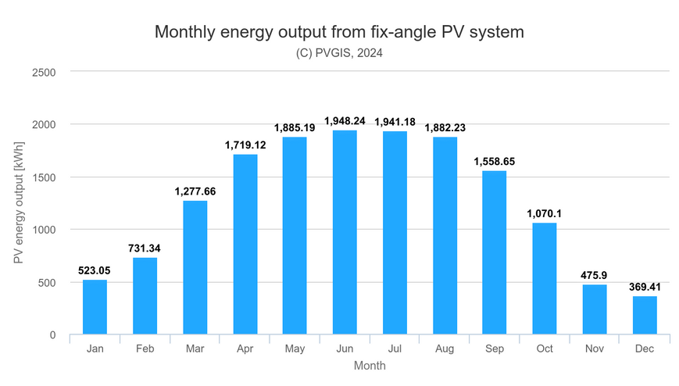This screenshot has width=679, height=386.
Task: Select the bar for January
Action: [95, 307]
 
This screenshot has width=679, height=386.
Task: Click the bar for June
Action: [345, 232]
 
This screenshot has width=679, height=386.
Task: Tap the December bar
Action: [645, 316]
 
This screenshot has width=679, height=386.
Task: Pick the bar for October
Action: [545, 279]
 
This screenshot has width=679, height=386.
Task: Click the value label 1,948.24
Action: [345, 121]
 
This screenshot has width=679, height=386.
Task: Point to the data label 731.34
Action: [145, 248]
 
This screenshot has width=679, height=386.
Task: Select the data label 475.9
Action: [594, 276]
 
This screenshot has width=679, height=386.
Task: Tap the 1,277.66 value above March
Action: [195, 191]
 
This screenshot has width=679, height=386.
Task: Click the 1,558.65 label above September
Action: [494, 162]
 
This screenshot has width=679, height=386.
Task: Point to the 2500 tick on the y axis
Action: [44, 73]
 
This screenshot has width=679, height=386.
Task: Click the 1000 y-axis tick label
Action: [44, 230]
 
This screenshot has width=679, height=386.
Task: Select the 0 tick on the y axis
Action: [53, 335]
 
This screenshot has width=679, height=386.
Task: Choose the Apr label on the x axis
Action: [245, 348]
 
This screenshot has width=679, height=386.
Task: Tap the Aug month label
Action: [445, 348]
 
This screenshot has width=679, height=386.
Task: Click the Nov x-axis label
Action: [595, 348]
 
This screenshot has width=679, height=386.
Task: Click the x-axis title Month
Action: [370, 366]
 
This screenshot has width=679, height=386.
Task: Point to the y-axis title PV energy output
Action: [19, 202]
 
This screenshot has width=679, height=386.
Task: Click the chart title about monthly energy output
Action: [339, 32]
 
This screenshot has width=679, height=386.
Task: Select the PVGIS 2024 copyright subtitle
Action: [339, 53]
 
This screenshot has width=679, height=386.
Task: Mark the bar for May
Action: [295, 236]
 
